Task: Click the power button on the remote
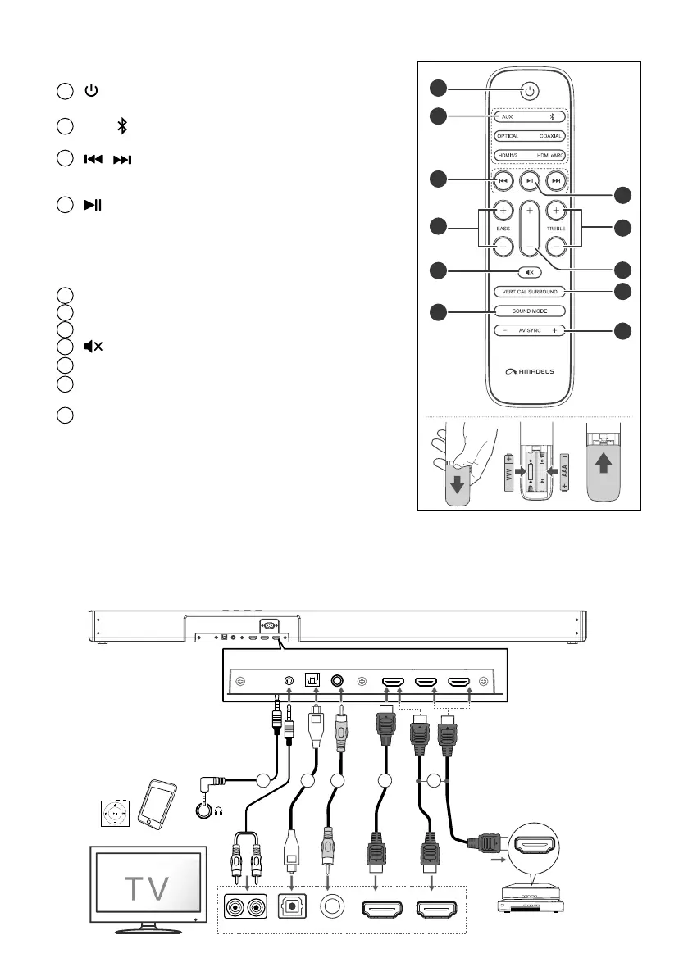[x=530, y=91]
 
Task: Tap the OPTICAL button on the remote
[x=507, y=136]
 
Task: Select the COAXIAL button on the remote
[x=555, y=136]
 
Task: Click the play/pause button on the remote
[x=531, y=181]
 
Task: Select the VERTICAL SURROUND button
[x=531, y=291]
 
